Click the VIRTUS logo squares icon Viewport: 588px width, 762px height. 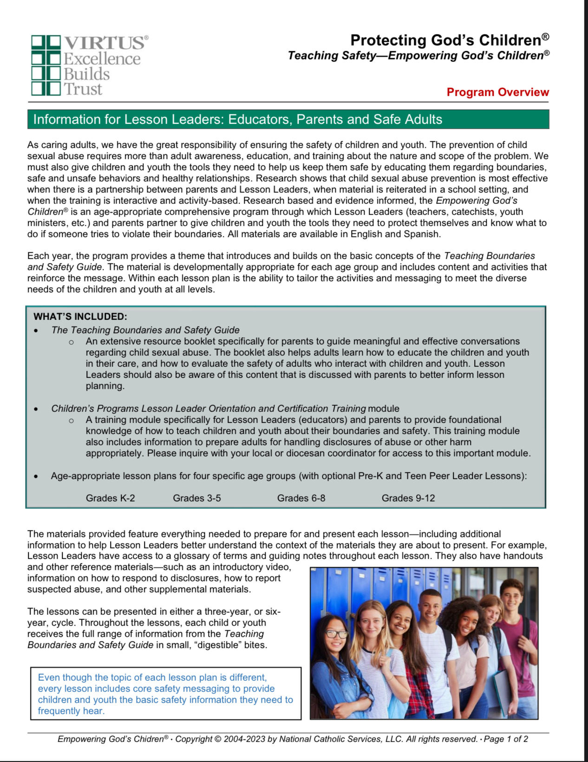pos(46,65)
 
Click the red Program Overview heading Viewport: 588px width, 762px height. pos(497,92)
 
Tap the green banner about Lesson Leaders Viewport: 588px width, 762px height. pos(288,119)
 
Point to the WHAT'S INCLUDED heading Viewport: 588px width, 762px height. pos(80,317)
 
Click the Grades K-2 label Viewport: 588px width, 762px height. pos(110,498)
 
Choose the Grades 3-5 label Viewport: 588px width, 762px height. pos(196,498)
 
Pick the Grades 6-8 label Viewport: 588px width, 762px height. pos(301,498)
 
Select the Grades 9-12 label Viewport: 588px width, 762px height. pos(408,498)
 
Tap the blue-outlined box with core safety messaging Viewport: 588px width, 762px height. pos(165,694)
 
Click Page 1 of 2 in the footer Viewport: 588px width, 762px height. pos(506,739)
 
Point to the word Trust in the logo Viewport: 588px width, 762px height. pos(83,89)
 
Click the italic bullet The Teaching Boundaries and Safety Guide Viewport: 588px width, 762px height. pos(145,330)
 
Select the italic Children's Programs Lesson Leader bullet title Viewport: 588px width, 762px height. pos(208,409)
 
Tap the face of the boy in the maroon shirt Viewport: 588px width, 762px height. pos(511,597)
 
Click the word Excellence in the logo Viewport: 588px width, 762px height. pos(102,59)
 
